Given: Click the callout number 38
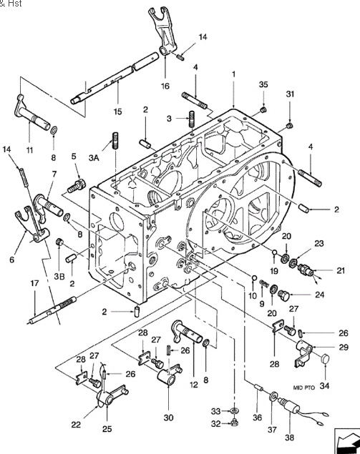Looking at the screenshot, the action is pyautogui.click(x=290, y=437).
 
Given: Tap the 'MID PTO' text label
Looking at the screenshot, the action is pyautogui.click(x=303, y=388).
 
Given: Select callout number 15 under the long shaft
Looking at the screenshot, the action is pyautogui.click(x=117, y=112).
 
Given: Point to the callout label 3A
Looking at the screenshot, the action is pyautogui.click(x=94, y=158).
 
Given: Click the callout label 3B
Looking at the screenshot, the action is pyautogui.click(x=59, y=276).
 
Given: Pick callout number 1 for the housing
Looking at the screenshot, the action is pyautogui.click(x=233, y=74).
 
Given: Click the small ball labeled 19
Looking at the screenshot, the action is pyautogui.click(x=274, y=253).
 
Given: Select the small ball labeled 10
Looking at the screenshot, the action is pyautogui.click(x=253, y=278).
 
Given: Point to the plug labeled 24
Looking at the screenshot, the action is pyautogui.click(x=284, y=295).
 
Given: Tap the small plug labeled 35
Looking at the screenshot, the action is pyautogui.click(x=263, y=109).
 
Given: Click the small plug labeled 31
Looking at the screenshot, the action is pyautogui.click(x=290, y=125).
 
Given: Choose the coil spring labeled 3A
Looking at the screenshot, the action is pyautogui.click(x=115, y=140).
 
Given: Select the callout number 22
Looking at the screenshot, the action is pyautogui.click(x=76, y=425).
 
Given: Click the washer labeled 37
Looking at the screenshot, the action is pyautogui.click(x=273, y=397).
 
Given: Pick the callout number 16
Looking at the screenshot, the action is pyautogui.click(x=165, y=86).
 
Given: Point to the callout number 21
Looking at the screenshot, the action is pyautogui.click(x=341, y=270).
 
